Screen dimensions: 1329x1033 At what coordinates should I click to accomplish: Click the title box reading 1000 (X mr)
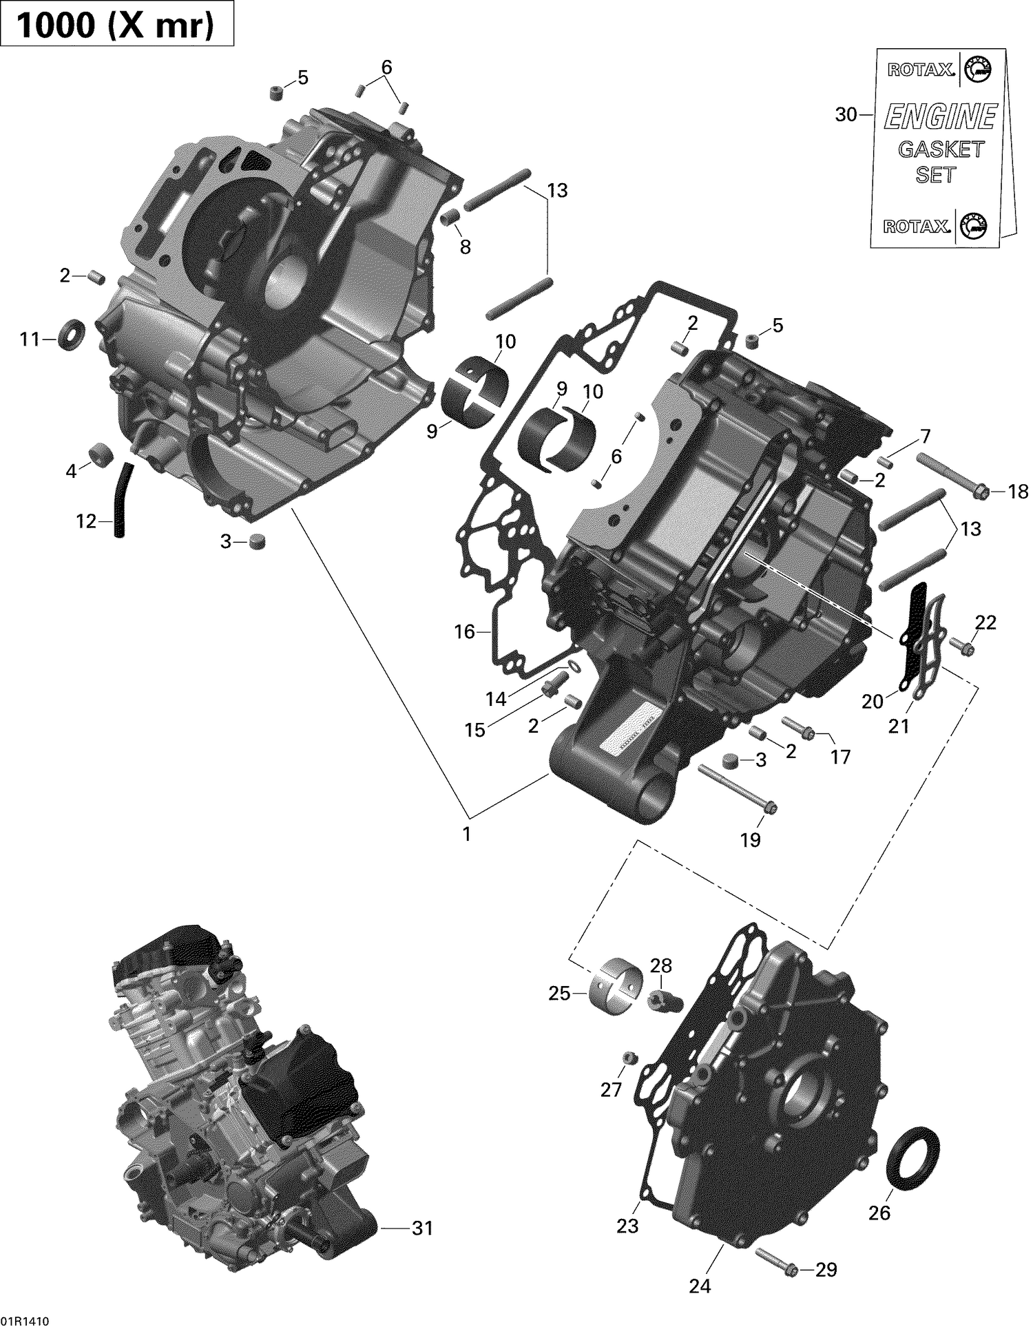point(117,25)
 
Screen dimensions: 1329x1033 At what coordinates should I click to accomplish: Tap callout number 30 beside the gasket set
point(845,114)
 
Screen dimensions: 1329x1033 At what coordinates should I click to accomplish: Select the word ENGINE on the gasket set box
point(940,117)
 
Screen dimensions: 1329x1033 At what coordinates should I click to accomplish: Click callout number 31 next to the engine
point(422,1228)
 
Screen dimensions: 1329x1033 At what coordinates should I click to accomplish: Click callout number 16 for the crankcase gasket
point(465,631)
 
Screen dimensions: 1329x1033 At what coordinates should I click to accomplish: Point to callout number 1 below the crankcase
point(467,834)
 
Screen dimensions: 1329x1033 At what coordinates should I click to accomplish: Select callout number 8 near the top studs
point(466,247)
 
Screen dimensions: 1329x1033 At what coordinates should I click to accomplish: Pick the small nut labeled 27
point(627,1057)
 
